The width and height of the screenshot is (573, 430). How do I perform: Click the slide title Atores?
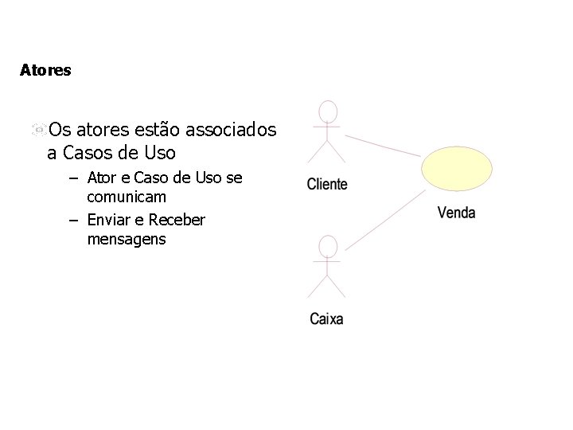(x=45, y=70)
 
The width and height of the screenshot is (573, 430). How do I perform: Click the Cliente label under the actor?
(x=327, y=184)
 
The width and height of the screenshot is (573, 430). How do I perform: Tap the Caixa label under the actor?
(x=326, y=319)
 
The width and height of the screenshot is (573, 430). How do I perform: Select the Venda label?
(x=456, y=213)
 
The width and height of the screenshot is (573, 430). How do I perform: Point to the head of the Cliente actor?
(x=327, y=111)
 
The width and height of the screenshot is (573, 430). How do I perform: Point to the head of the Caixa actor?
(x=326, y=246)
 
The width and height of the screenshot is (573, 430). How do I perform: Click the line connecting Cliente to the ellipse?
(x=381, y=142)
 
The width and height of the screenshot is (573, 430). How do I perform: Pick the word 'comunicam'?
(x=127, y=196)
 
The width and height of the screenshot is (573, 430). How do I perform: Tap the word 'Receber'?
(x=176, y=219)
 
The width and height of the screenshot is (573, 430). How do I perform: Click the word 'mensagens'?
(x=127, y=238)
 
